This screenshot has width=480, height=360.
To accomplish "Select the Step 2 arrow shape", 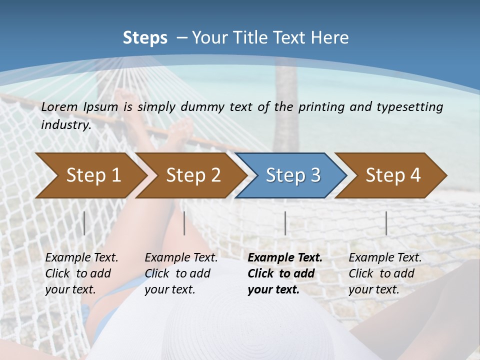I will coord(192,175).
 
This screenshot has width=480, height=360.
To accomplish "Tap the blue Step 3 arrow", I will coord(292,175).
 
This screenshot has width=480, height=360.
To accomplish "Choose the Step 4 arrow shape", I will coord(392,175).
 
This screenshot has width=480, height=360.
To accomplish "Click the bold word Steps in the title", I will coord(145,37).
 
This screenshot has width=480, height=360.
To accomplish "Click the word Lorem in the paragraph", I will coord(59,107).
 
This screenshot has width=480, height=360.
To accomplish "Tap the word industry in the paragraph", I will coord(65,124).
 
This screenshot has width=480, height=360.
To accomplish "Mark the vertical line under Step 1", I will coord(84,223).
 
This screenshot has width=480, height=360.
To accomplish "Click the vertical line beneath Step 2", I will coord(184,223).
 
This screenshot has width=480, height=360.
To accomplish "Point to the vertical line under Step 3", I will coord(285,223).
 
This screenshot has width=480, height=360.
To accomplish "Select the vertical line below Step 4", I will coord(386,223).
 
